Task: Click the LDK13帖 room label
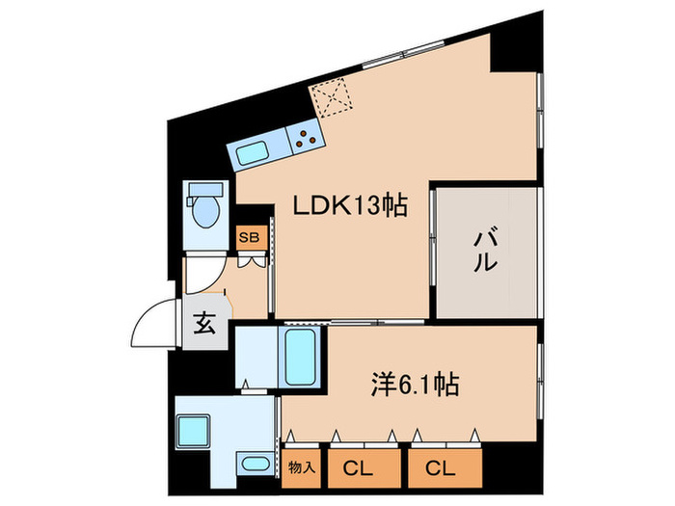click(x=350, y=205)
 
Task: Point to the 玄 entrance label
click(x=205, y=322)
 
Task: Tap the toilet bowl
click(x=205, y=212)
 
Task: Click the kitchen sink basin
click(x=256, y=150)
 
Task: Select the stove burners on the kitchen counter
click(x=307, y=138)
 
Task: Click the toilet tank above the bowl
click(x=205, y=189)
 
